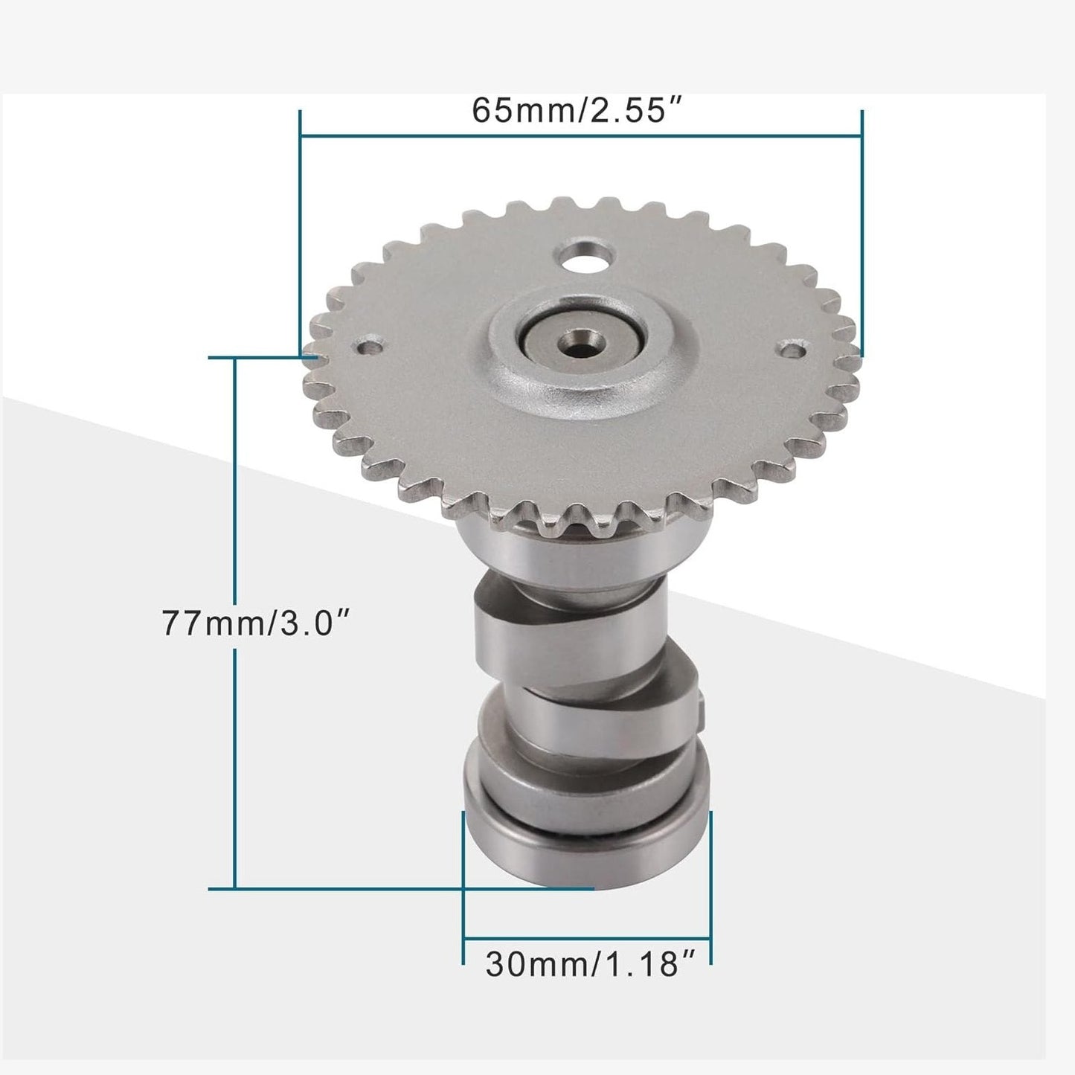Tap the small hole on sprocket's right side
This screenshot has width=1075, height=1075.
(794, 348)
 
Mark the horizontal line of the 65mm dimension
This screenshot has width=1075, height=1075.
(580, 136)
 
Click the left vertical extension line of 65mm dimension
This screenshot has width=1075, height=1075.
(300, 223)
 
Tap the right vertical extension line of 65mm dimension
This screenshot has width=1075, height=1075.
(861, 223)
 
